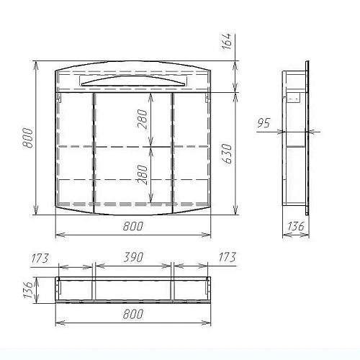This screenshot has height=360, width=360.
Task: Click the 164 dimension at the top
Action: (227, 41)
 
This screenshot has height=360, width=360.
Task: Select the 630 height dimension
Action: (227, 153)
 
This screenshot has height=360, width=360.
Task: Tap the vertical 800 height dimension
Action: (27, 138)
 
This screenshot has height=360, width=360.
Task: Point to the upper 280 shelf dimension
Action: (142, 119)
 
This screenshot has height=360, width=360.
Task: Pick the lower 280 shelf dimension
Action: (143, 174)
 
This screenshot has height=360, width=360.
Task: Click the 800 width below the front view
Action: (133, 226)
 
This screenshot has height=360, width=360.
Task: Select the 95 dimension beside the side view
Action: (264, 123)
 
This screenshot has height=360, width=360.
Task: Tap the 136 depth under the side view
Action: (296, 226)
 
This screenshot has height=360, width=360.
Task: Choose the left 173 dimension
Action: (40, 258)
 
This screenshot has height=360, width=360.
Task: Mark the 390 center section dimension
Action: (133, 257)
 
